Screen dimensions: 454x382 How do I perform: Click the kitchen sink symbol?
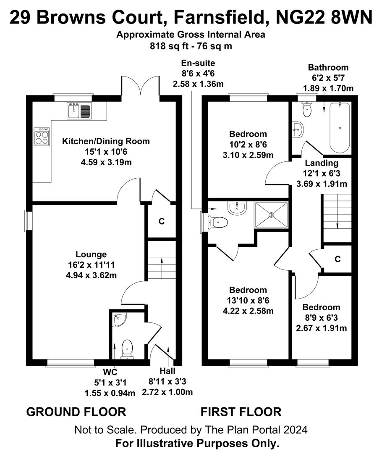pyautogui.click(x=78, y=111)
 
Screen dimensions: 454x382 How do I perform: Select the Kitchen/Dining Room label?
pyautogui.click(x=106, y=141)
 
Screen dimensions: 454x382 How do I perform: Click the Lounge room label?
pyautogui.click(x=91, y=254)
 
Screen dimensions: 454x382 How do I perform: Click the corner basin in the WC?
pyautogui.click(x=118, y=320)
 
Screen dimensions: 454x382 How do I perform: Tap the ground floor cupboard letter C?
pyautogui.click(x=161, y=222)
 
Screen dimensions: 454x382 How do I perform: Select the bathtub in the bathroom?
pyautogui.click(x=340, y=127)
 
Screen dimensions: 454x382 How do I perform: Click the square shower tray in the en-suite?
pyautogui.click(x=271, y=215)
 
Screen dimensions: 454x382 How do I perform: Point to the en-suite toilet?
pyautogui.click(x=219, y=222)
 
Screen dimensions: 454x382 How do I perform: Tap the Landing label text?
pyautogui.click(x=322, y=163)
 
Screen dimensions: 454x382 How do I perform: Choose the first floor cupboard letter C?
pyautogui.click(x=338, y=259)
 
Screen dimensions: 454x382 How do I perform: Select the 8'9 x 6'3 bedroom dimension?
pyautogui.click(x=321, y=318)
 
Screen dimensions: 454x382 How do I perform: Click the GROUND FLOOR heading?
pyautogui.click(x=76, y=412)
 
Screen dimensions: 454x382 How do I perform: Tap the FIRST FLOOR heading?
pyautogui.click(x=241, y=412)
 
